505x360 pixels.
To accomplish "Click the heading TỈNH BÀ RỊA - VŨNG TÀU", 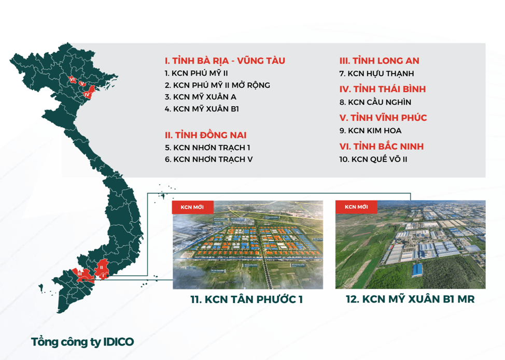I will tap(225, 61).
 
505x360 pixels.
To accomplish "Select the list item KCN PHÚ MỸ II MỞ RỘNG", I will tap(217, 85).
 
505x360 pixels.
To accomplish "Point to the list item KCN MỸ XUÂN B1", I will tap(202, 109).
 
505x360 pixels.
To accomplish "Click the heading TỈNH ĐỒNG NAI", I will tap(205, 135).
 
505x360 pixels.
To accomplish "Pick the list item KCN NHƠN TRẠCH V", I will tap(208, 160).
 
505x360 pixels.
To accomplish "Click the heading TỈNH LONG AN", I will tap(379, 61).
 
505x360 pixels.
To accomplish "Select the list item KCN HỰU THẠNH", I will tap(376, 74).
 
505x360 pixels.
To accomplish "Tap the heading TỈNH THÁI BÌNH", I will tap(382, 89).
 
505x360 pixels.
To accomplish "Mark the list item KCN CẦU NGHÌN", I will tap(375, 102).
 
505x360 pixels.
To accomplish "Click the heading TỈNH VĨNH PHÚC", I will tap(383, 118).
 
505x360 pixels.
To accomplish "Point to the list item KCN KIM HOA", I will tap(370, 131).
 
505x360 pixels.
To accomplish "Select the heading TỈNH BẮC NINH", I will tap(381, 147).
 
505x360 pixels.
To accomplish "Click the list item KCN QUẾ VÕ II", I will tap(373, 160).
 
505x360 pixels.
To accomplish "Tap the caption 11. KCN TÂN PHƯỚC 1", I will tap(247, 299).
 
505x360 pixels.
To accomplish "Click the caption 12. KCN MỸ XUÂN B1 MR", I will tap(410, 299).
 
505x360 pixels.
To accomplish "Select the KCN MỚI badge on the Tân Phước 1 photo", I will tap(192, 207).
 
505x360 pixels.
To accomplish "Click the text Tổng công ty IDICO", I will tap(82, 342).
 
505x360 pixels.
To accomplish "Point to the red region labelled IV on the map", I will tap(88, 94).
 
